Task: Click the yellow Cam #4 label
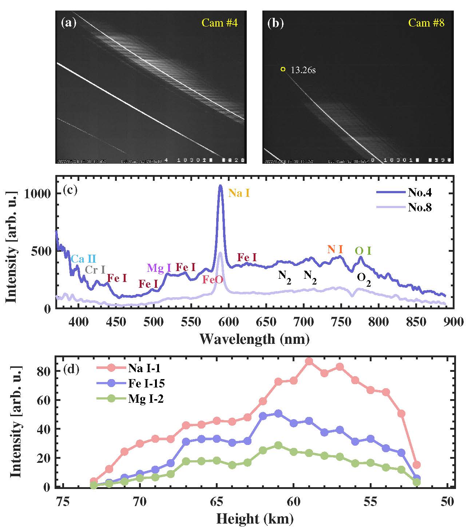point(219,23)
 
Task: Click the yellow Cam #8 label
point(426,23)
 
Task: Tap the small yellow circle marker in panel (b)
point(283,69)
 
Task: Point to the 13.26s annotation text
point(304,70)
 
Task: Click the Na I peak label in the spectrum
point(239,193)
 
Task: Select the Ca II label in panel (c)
point(83,259)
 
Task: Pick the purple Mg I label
point(159,268)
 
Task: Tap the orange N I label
point(335,249)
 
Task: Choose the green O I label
point(363,251)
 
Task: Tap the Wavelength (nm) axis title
point(254,339)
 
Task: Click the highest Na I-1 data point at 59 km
point(309,361)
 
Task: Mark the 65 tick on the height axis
point(217,502)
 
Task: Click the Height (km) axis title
point(254,519)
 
